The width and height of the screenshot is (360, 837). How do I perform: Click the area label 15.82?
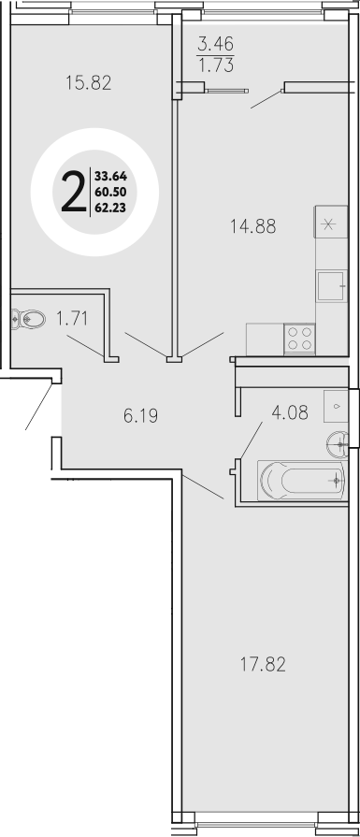(91, 82)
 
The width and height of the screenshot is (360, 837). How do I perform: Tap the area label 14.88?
(254, 224)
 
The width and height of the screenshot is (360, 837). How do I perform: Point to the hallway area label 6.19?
(140, 415)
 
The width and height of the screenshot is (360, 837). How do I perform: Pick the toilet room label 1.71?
(72, 318)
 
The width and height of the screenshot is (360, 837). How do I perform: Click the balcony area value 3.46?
(216, 43)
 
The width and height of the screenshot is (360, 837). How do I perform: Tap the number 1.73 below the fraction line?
(216, 65)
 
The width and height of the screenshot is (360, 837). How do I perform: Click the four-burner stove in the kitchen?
(300, 337)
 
